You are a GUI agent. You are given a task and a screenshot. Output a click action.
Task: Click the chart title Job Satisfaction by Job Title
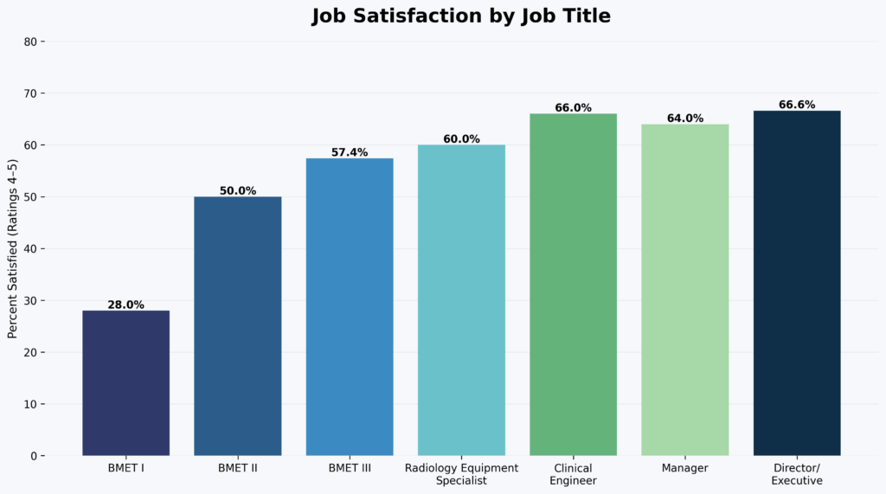tap(461, 16)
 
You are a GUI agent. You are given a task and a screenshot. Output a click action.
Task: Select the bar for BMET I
tap(125, 382)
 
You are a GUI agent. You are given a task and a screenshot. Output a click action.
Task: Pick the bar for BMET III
tap(350, 306)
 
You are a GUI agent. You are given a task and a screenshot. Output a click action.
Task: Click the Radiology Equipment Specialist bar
tap(461, 299)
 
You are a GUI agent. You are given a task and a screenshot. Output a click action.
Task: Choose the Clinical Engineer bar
tap(573, 284)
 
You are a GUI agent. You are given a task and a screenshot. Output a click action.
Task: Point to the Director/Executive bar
tap(797, 282)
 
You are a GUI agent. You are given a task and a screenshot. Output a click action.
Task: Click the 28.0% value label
tap(125, 305)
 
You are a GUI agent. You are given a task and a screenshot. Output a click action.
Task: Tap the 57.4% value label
tap(350, 152)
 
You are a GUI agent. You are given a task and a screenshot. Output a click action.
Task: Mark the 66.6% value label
tap(797, 105)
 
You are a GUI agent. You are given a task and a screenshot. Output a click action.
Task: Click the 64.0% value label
tap(685, 119)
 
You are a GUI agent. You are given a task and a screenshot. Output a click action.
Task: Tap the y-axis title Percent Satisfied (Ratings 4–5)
tap(13, 249)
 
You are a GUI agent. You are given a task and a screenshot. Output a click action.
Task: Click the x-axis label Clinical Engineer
tap(573, 474)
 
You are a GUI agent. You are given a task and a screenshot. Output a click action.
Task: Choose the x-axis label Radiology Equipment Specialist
tap(461, 474)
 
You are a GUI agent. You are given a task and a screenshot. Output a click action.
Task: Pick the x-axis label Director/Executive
tap(797, 474)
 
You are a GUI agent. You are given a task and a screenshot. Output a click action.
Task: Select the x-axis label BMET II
tap(238, 468)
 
